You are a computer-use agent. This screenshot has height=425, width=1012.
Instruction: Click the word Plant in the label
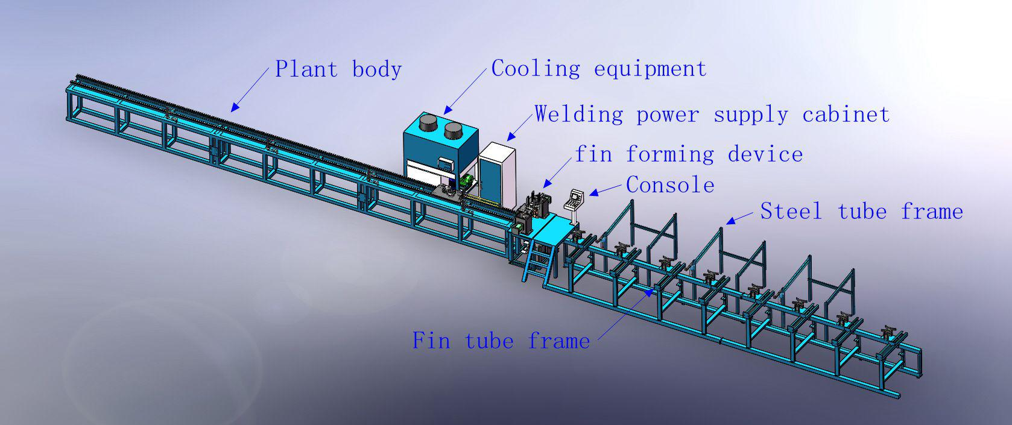coord(306,69)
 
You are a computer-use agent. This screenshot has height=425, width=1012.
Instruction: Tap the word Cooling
coord(536,68)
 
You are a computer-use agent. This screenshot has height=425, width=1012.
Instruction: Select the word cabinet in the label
coord(846,114)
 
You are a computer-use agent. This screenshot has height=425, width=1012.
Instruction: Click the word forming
coord(670,154)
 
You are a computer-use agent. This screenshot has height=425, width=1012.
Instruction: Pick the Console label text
coord(670,184)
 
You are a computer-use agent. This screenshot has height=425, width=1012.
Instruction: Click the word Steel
coord(791,211)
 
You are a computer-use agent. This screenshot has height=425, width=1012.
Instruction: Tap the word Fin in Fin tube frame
coord(431,341)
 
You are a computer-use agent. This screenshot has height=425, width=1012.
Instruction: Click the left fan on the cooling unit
coord(428,127)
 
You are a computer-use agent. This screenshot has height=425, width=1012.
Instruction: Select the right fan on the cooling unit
coord(454,130)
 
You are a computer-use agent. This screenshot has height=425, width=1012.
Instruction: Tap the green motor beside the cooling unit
coord(466,181)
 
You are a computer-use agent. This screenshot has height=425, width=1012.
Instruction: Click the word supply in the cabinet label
coord(750,114)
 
